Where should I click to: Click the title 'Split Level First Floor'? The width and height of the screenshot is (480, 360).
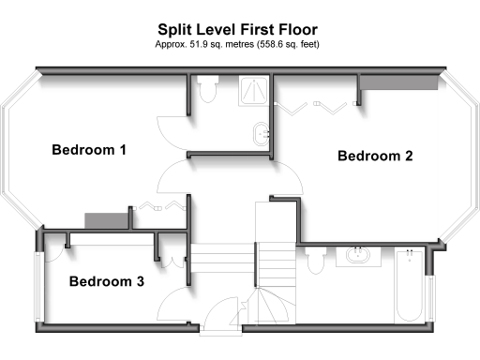tap(239, 28)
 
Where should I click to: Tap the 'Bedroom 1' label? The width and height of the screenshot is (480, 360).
tap(89, 150)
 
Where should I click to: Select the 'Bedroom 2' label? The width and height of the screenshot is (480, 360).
tap(375, 157)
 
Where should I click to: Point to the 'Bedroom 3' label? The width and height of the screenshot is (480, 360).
tap(106, 280)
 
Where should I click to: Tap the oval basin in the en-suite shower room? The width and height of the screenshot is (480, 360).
tap(262, 131)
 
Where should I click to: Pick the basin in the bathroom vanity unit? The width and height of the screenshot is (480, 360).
tap(357, 255)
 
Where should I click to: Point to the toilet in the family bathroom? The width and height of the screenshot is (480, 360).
tap(315, 256)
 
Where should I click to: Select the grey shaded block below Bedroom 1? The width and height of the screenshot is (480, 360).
tap(99, 219)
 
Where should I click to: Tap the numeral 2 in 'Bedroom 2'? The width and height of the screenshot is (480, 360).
tap(408, 157)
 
